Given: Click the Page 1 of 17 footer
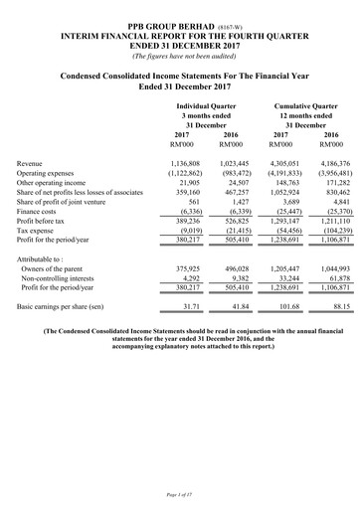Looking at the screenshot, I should pos(179,494).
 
